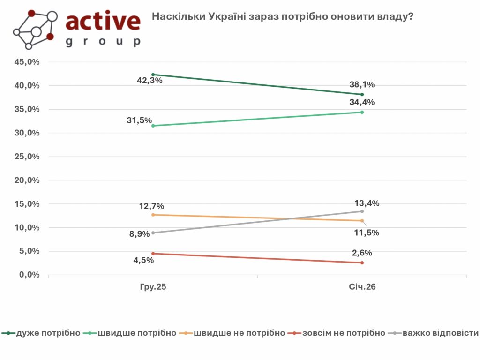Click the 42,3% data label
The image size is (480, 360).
click(150, 80)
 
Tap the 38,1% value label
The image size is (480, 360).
click(362, 85)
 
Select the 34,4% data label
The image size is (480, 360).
click(362, 102)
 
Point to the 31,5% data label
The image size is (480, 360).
click(139, 120)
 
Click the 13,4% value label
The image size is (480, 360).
click(367, 203)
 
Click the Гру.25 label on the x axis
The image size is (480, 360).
click(153, 287)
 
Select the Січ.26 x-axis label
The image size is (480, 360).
click(362, 287)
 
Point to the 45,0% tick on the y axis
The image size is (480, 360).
click(27, 62)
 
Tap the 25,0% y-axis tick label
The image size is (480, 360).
click(27, 157)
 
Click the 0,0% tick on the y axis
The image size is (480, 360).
click(29, 275)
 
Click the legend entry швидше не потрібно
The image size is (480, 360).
click(240, 333)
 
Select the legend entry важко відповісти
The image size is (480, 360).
click(440, 333)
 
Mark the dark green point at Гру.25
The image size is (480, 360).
click(153, 75)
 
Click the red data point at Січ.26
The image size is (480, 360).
click(362, 262)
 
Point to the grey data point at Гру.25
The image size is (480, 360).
click(153, 232)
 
